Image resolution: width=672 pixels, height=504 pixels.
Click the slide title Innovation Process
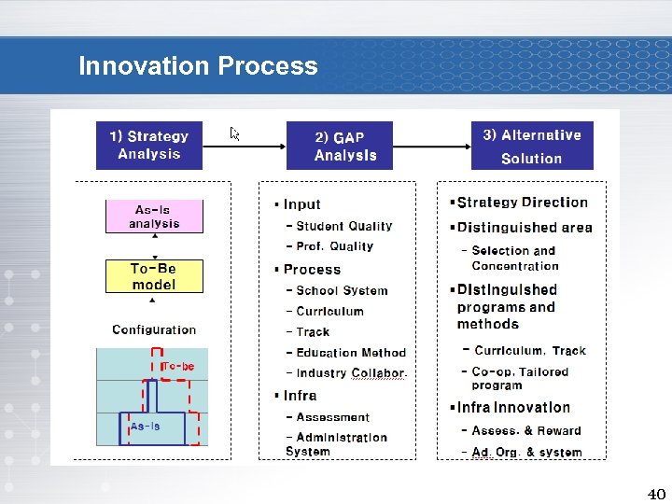[198, 66]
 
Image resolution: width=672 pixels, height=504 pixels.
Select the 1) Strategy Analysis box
[149, 146]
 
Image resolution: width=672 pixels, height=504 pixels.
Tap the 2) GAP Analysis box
[340, 146]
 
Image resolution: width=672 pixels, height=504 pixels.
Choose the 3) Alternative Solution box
[531, 146]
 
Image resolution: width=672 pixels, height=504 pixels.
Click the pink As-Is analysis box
[154, 217]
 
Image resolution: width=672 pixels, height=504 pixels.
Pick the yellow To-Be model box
[154, 276]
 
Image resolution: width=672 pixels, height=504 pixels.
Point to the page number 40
[656, 494]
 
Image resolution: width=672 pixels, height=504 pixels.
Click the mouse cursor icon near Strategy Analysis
[235, 134]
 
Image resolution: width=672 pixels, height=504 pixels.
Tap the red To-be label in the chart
[177, 367]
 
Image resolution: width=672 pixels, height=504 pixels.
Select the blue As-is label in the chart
[145, 427]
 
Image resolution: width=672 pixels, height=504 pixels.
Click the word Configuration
[154, 329]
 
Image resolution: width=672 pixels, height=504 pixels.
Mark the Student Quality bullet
[343, 226]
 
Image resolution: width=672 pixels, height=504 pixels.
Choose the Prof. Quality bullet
[334, 246]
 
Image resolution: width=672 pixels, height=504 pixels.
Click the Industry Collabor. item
[351, 373]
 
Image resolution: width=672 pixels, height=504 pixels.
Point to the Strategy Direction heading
[522, 203]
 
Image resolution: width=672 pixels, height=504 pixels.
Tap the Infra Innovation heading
[513, 408]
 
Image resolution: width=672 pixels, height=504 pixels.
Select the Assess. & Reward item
[525, 431]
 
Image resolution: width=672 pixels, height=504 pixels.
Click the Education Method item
[350, 353]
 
